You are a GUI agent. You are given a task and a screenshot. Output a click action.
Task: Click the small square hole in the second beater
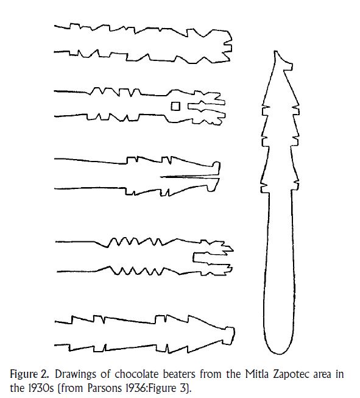175,106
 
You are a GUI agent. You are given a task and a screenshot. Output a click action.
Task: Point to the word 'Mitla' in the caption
256,374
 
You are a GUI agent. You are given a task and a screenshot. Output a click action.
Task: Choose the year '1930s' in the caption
40,388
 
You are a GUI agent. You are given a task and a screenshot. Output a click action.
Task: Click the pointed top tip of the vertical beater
275,52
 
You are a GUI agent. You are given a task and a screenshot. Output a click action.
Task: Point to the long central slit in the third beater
189,176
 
